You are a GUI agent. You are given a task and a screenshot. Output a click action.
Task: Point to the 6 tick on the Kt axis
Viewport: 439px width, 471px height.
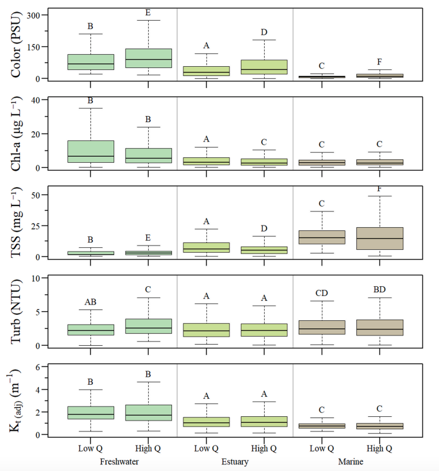pos(38,367)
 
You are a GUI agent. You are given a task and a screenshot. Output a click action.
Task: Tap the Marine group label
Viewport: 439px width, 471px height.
pos(350,462)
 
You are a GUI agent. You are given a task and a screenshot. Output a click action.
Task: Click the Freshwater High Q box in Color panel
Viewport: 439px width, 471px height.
pos(148,58)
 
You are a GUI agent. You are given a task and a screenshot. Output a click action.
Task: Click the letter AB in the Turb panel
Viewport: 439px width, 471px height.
pos(90,301)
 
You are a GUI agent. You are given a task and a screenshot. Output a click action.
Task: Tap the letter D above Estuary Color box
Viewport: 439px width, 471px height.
pos(264,32)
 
